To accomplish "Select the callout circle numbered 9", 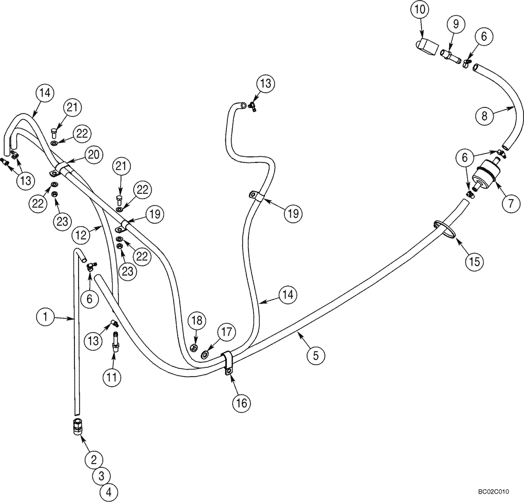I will point(455,23).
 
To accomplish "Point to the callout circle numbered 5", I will point(315,356).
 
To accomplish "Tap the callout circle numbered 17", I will point(226,333).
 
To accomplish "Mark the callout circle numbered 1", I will point(46,316).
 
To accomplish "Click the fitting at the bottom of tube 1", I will point(76,427).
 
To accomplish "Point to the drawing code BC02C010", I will point(493,492).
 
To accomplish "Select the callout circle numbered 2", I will point(94,460).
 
